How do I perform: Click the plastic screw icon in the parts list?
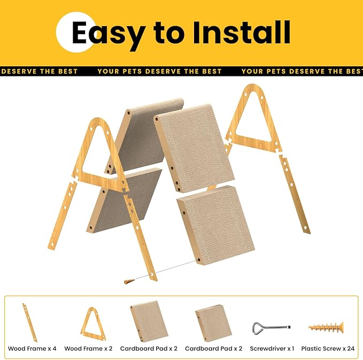[325, 326]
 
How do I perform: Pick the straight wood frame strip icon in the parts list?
[30, 322]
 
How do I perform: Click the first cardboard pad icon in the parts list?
[149, 322]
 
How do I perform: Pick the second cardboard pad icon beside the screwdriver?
[213, 323]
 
